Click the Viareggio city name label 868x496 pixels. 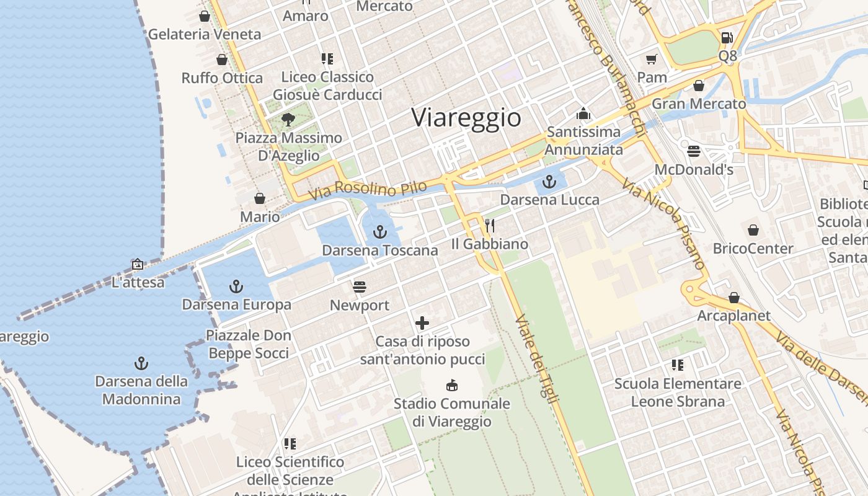[x=466, y=117]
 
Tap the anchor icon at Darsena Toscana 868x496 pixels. [x=380, y=232]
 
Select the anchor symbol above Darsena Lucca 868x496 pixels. [x=549, y=181]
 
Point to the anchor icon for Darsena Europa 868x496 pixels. [x=236, y=286]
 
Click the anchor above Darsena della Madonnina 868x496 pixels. [x=141, y=363]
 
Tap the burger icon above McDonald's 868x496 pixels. [x=694, y=151]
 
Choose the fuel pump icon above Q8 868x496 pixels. [x=727, y=38]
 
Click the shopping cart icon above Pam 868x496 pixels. [x=652, y=59]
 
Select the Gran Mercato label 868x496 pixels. [x=699, y=104]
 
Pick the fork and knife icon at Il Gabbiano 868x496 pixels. [x=490, y=225]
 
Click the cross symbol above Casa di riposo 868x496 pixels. [x=422, y=323]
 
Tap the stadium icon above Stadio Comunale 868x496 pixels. [x=452, y=385]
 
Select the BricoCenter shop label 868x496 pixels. [x=753, y=249]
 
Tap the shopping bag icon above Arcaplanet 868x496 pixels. [x=734, y=298]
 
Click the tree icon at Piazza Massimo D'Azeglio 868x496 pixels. [x=288, y=119]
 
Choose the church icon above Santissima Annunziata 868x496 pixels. [x=583, y=113]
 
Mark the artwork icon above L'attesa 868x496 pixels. [x=138, y=264]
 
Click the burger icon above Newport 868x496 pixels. [x=360, y=286]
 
